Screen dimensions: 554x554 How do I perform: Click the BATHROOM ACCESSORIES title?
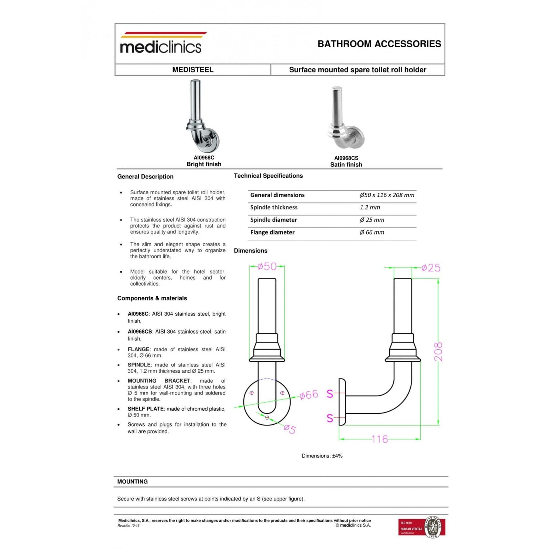click(x=379, y=44)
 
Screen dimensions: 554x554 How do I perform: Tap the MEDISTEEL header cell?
click(x=192, y=70)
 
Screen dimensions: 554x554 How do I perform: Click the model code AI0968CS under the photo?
click(x=346, y=158)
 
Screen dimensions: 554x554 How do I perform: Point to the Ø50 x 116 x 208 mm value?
click(x=387, y=195)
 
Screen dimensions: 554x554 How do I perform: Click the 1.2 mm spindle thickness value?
click(x=370, y=208)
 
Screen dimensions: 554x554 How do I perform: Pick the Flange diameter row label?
click(x=272, y=232)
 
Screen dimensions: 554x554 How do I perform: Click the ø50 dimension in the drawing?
click(x=267, y=266)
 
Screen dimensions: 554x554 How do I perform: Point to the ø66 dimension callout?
click(x=308, y=395)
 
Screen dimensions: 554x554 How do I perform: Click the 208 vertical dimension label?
click(x=438, y=352)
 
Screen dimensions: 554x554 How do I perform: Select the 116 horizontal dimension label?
click(x=379, y=439)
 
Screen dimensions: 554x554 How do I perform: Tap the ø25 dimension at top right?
click(x=431, y=268)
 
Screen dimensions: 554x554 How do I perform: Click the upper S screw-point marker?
click(x=330, y=394)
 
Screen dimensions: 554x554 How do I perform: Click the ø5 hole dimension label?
click(x=290, y=429)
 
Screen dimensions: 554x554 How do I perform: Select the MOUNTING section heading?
click(x=132, y=482)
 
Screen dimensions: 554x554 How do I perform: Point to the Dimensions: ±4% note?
click(x=322, y=456)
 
